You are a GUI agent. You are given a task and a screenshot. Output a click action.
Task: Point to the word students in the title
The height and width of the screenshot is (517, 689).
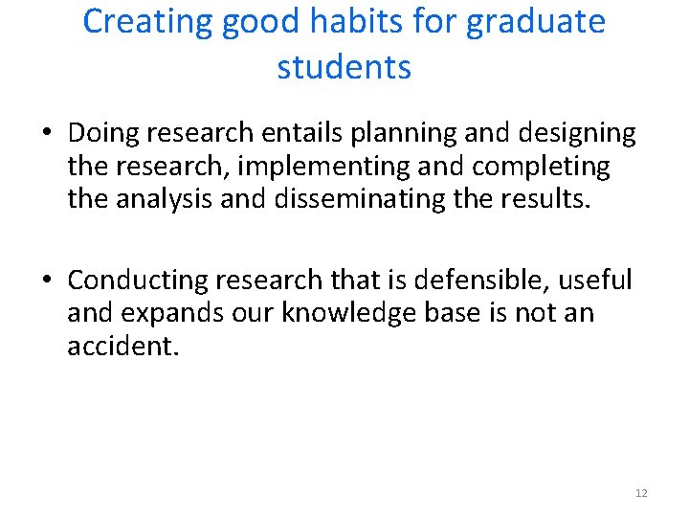pyautogui.click(x=344, y=68)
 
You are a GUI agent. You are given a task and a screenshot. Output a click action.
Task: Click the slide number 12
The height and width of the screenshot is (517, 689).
pyautogui.click(x=641, y=493)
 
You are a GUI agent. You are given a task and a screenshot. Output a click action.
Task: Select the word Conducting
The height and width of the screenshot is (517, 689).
pyautogui.click(x=138, y=281)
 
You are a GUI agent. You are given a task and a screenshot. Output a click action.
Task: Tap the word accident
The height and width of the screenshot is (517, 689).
pyautogui.click(x=122, y=346)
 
